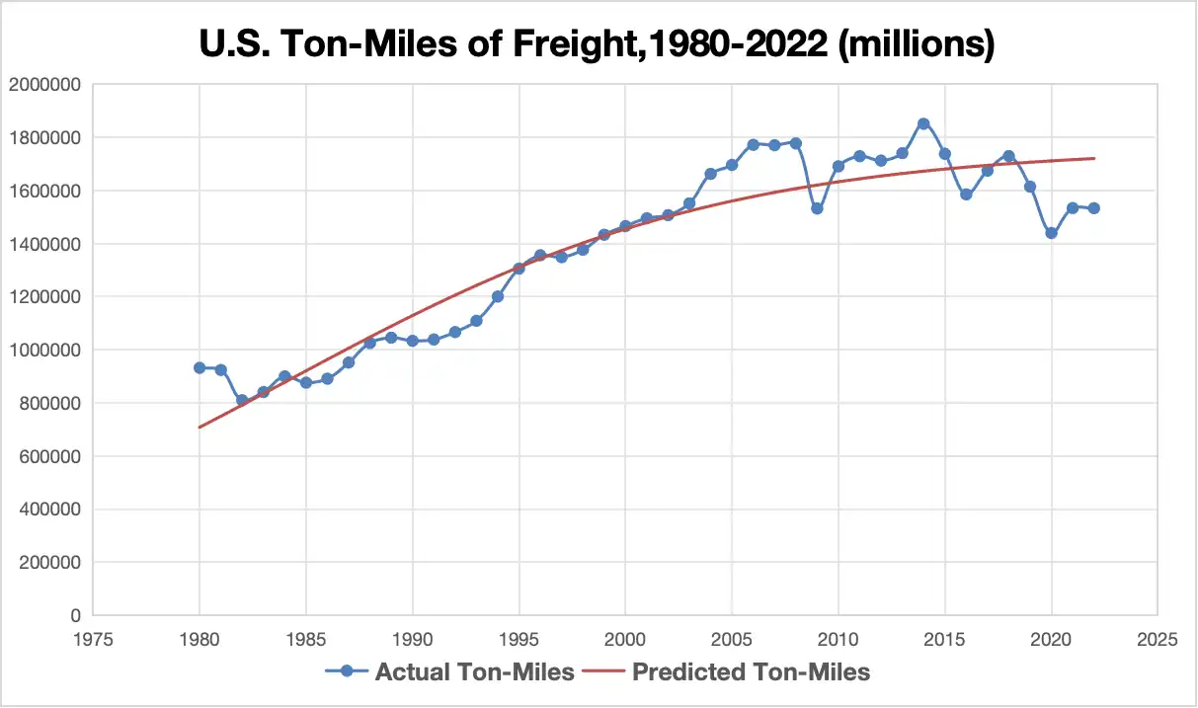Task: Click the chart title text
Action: coord(599,43)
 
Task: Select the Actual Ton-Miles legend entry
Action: coord(450,672)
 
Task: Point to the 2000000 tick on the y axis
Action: coord(43,85)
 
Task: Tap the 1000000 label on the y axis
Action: coord(43,351)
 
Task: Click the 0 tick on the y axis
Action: coord(73,615)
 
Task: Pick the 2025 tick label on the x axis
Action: coord(1158,639)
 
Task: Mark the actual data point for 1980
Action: coord(200,367)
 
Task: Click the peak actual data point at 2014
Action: coord(923,123)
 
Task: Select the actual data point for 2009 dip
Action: coord(817,208)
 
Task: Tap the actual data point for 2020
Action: coord(1051,233)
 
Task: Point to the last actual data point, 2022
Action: coord(1094,208)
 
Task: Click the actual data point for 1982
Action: coord(242,400)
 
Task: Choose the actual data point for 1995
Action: coord(519,269)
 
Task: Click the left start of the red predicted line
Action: coord(200,428)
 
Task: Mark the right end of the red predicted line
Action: coord(1094,158)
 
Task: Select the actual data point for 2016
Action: coord(966,195)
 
